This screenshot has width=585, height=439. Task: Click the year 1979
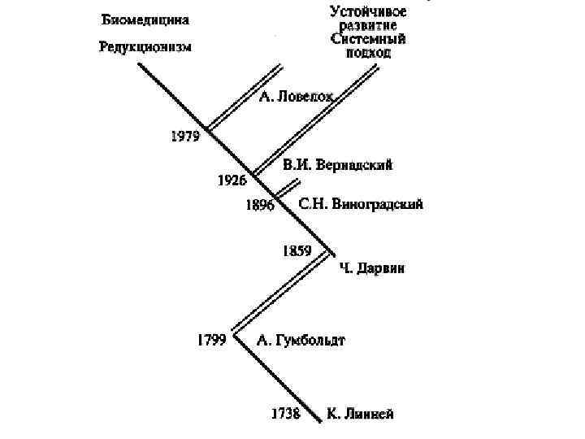point(184,137)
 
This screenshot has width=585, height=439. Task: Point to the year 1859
point(296,250)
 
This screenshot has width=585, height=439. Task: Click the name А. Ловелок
point(297,98)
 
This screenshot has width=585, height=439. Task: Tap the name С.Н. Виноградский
point(361,204)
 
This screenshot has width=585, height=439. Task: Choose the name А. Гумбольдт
point(301,340)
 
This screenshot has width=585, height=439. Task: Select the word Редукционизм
point(145,46)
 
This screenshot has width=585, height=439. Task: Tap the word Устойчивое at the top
point(368,11)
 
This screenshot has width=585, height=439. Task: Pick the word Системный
point(369,38)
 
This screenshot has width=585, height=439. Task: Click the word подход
point(369,52)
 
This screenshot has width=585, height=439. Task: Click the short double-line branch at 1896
point(283,189)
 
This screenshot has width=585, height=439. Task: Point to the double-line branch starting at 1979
point(244,98)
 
